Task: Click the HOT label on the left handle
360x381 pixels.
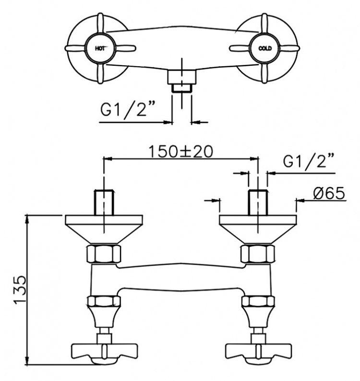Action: tap(100, 48)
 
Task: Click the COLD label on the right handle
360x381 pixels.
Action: tap(265, 48)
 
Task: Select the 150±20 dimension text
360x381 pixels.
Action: tap(180, 151)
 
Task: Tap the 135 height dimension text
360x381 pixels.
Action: tap(20, 289)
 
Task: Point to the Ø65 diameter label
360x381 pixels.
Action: tap(329, 193)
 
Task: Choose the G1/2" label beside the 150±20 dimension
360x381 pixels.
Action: tap(308, 160)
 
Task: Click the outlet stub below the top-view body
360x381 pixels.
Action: tap(181, 82)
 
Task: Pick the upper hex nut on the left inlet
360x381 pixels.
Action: tap(104, 254)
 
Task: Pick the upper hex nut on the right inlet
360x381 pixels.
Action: tap(258, 254)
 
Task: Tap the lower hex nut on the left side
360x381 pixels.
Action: tap(104, 301)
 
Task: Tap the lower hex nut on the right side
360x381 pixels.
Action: tap(258, 301)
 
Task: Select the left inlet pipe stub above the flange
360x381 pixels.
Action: tap(104, 202)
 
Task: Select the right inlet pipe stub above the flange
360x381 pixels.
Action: tap(258, 202)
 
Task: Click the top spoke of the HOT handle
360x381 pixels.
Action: tap(100, 24)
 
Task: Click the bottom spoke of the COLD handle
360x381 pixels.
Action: tap(264, 73)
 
